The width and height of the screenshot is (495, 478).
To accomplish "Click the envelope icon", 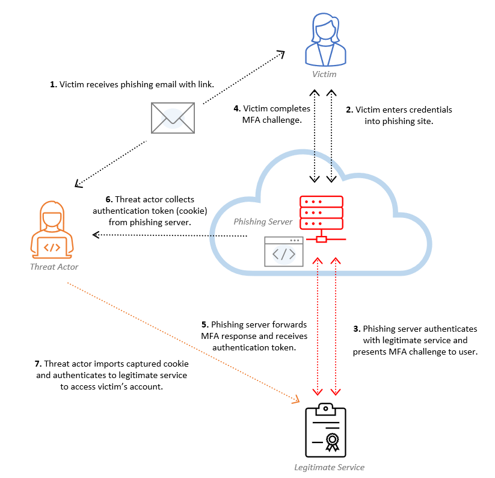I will pos(173,117).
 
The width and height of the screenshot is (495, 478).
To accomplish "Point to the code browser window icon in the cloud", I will pos(284,251).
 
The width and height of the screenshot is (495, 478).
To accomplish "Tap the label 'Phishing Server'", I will pos(263,222).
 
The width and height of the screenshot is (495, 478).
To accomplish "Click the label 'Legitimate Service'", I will pos(329,467).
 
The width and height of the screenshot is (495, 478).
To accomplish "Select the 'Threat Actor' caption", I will pos(54,267).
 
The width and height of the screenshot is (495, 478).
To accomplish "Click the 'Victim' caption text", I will pos(324,74).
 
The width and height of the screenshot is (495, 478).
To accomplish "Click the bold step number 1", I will pos(53,85).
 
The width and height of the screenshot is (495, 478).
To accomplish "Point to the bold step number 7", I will pos(38,364).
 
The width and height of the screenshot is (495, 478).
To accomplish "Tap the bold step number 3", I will pos(356,329).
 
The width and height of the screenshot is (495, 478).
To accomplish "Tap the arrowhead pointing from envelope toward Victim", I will pos(280,54).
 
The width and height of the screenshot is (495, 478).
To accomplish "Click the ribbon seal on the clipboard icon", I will pos(332,442).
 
